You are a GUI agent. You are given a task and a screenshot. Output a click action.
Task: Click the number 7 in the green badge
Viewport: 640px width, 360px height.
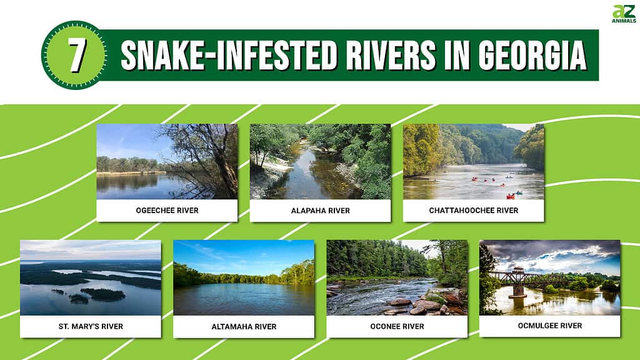77,56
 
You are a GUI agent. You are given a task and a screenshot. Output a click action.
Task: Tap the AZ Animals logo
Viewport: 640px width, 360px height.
624,14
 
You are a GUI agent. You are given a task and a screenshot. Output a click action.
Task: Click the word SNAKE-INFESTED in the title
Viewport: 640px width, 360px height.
229,56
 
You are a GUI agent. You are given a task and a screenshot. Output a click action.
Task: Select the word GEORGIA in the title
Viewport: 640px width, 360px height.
532,56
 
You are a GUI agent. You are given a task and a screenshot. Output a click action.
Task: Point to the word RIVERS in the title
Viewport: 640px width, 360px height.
391,56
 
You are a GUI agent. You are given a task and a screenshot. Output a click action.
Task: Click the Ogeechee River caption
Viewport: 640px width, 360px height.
167,211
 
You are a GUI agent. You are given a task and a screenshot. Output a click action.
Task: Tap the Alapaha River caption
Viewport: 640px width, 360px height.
321,211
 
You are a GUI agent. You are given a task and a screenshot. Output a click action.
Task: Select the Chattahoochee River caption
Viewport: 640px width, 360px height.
474,211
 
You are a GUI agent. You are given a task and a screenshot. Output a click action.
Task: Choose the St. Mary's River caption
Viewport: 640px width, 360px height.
91,326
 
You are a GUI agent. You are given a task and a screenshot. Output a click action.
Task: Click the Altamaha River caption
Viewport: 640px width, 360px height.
244,326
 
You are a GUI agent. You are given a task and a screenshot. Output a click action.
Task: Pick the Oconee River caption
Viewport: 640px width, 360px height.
397,326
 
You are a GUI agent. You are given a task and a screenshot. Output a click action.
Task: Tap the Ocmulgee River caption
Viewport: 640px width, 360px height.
550,326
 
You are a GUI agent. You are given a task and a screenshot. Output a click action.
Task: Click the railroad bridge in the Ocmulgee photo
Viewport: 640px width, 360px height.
531,279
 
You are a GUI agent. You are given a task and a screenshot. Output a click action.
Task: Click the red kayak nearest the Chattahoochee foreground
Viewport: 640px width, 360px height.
510,197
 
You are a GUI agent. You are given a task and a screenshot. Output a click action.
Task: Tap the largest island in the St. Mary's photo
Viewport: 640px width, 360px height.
103,294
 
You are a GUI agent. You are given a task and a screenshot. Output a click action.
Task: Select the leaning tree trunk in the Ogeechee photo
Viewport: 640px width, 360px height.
224,171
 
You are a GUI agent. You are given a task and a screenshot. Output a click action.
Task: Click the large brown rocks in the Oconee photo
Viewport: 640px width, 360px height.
424,304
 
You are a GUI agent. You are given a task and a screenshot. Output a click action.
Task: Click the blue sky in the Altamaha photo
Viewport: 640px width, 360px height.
244,255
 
